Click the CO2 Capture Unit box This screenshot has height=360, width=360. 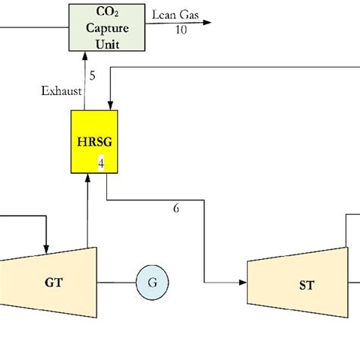coord(107,27)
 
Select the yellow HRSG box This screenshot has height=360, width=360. coord(94,142)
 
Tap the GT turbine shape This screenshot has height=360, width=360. coord(48,283)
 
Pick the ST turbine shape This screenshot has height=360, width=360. coord(298,283)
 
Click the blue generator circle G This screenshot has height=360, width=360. coord(153,283)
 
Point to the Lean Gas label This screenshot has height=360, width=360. coord(175,14)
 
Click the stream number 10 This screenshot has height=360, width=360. coord(181,30)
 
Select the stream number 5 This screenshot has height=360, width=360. coord(93,75)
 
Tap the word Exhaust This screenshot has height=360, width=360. coord(62,91)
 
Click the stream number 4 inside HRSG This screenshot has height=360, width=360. coord(101,163)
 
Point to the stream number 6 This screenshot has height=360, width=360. coord(176,208)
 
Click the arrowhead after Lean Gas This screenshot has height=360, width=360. coord(207,23)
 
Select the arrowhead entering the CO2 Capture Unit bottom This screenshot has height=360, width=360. coord(85,55)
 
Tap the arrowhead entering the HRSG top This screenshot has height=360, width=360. coord(110,106)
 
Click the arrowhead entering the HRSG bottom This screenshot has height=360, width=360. coord(87,178)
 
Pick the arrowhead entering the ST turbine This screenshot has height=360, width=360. coord(243,283)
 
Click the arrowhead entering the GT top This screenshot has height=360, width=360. coord(46,249)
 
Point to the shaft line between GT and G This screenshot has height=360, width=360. coord(116,283)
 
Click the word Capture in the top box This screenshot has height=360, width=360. coord(107,28)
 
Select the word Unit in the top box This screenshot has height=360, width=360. coord(107,44)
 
